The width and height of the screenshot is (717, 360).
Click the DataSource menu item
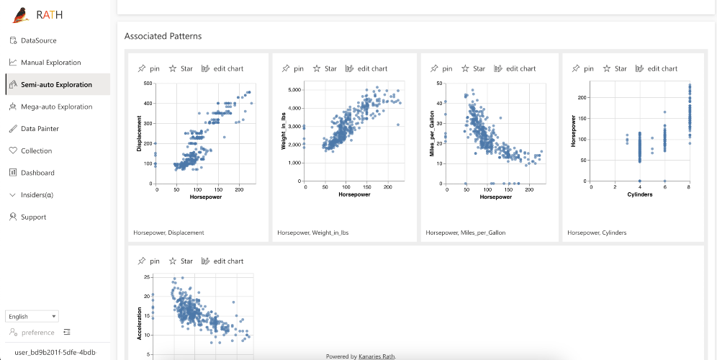click(38, 40)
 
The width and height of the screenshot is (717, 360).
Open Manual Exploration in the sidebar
click(50, 63)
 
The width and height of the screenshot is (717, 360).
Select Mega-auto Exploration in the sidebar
click(56, 107)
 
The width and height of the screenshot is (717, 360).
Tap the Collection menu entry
click(36, 151)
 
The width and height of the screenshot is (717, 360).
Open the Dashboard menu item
click(38, 173)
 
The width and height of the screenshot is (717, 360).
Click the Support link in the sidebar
click(33, 217)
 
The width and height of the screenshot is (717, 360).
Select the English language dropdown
click(32, 316)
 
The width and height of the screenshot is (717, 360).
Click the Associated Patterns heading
click(163, 36)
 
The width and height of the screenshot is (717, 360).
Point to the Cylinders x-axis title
click(639, 194)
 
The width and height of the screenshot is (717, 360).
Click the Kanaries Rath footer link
click(376, 356)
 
